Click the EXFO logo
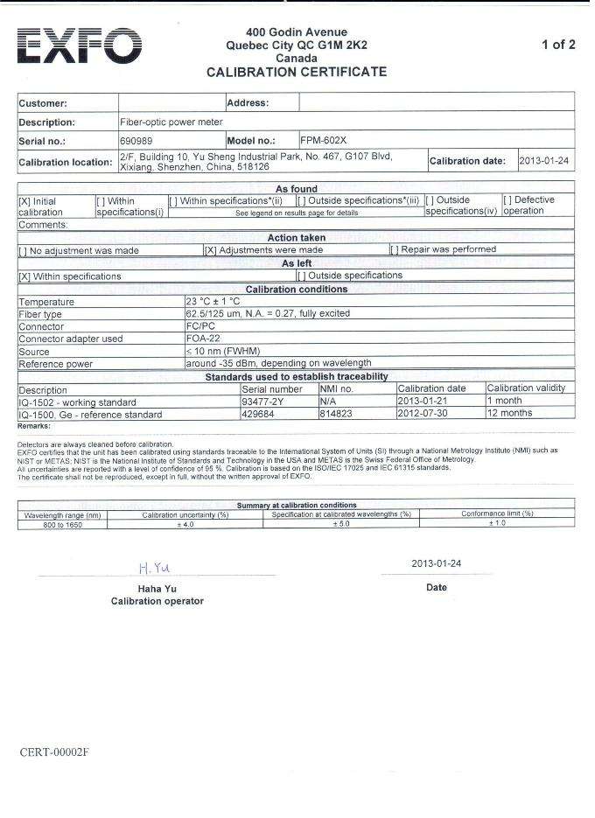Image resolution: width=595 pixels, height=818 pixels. [80, 45]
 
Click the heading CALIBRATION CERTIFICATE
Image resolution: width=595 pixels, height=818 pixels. [296, 72]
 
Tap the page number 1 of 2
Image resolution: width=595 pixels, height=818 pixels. [558, 45]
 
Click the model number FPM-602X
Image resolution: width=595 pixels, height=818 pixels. [324, 140]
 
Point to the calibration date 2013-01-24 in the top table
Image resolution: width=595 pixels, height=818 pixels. [544, 161]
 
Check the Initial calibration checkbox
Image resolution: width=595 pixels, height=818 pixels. [24, 201]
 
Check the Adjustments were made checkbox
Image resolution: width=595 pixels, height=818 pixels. [210, 250]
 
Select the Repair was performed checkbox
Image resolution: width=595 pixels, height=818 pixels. [395, 250]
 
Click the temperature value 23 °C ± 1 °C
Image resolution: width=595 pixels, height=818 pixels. [213, 301]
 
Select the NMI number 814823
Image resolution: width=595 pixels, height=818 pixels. [337, 414]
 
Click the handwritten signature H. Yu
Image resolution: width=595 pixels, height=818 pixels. [154, 568]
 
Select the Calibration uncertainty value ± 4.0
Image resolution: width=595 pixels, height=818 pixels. [185, 523]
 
